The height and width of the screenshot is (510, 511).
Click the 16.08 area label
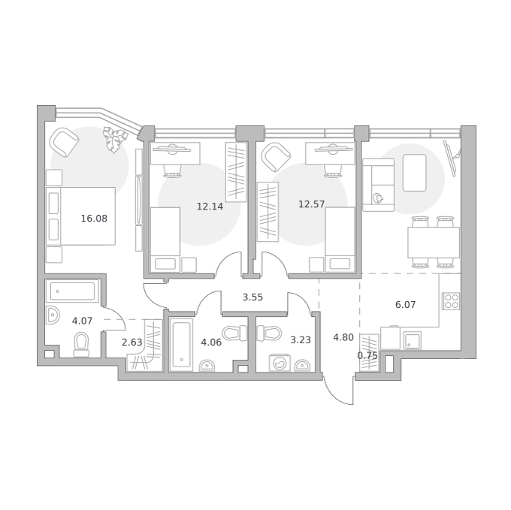click(x=94, y=219)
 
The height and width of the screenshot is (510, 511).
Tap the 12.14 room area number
click(x=210, y=206)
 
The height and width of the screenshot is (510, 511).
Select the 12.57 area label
click(x=312, y=204)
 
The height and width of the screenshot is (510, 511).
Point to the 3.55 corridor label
click(x=252, y=297)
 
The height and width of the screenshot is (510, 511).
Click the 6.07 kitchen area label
click(x=405, y=305)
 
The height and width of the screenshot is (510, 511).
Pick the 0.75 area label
click(x=367, y=355)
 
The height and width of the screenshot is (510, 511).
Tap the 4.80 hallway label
click(x=343, y=337)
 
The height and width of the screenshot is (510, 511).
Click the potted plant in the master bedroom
click(x=114, y=140)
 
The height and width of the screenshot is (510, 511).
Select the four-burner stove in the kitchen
click(x=451, y=301)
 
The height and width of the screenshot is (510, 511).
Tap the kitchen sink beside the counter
click(x=413, y=340)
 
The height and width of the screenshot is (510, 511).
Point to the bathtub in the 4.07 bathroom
click(x=72, y=291)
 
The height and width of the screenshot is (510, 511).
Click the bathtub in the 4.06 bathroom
click(x=181, y=346)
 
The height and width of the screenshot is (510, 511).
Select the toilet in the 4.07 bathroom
click(x=81, y=345)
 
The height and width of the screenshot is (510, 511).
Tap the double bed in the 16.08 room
click(x=81, y=216)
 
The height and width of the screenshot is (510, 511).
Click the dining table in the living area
click(x=434, y=243)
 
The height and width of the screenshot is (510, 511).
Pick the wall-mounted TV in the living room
click(x=452, y=158)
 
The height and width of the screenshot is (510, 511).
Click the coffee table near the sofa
click(x=415, y=173)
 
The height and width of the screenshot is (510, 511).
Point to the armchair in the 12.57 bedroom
click(x=276, y=157)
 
